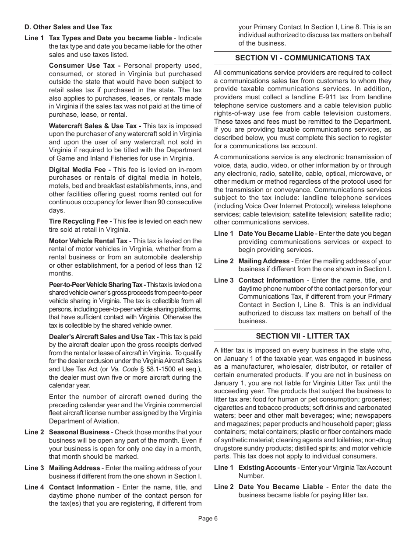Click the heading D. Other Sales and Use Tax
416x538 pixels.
click(68, 27)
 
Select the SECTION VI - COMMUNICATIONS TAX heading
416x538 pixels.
click(303, 58)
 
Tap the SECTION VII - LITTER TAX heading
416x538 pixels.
click(303, 336)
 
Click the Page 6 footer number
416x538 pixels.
click(208, 519)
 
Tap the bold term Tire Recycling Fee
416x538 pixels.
click(80, 221)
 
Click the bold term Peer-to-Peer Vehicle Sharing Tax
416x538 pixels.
click(97, 284)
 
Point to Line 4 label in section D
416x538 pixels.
click(34, 487)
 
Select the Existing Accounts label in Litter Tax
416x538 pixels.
click(267, 468)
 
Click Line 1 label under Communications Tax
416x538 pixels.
click(223, 234)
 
